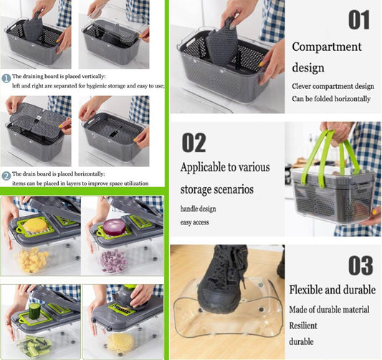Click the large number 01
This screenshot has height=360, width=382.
point(359,20)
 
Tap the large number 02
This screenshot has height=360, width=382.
point(194,143)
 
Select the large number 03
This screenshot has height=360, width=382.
point(360,265)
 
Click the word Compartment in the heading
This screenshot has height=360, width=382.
point(327,47)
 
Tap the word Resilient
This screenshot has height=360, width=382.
point(303,326)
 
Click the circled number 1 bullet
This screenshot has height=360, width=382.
point(6,78)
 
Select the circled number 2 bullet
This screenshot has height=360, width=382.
point(6,176)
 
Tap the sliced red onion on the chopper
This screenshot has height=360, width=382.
point(114,227)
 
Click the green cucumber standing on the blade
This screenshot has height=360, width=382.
point(34,311)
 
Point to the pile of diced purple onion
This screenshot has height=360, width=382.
point(113,260)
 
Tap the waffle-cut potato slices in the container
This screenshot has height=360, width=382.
point(121,342)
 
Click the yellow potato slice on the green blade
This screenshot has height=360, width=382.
point(35,224)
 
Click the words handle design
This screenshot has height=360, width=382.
point(198,209)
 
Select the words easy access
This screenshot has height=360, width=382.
point(194,222)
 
